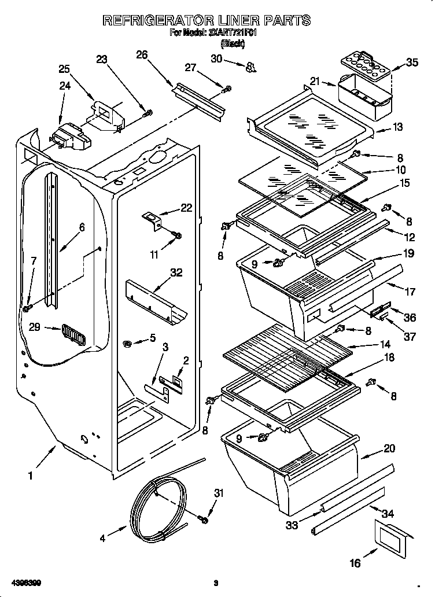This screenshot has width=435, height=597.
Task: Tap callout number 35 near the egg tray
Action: pos(412,62)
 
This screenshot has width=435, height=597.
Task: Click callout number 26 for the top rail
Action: pos(141,55)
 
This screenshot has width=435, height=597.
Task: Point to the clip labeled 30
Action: pos(250,68)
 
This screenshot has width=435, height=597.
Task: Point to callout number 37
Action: pos(410,336)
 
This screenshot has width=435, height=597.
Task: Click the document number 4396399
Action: pos(25,581)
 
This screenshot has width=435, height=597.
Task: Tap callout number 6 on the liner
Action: pos(81,227)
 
